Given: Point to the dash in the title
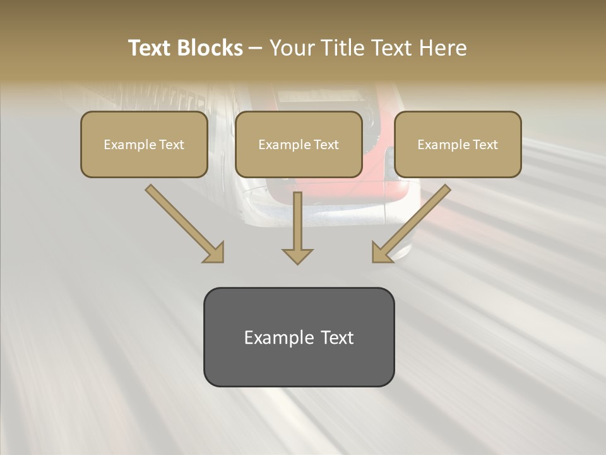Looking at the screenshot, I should coord(256,49).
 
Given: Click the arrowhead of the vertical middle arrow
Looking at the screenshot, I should coord(298,255).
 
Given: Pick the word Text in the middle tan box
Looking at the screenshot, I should coord(326,145).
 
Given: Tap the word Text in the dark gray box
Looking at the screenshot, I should coord(338,337).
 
